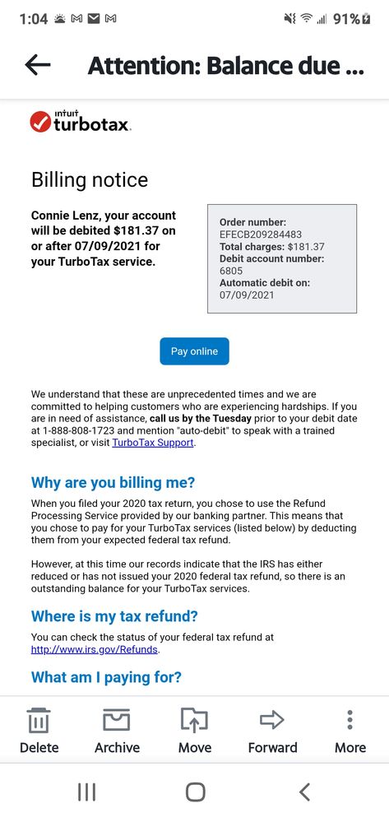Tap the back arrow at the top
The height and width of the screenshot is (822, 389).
(38, 66)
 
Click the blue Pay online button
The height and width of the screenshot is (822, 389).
(194, 351)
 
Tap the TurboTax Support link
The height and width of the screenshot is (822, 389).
(153, 443)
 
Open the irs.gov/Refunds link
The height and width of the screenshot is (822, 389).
(95, 649)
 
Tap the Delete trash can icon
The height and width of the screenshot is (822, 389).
(39, 721)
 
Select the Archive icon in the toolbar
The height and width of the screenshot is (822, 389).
(117, 721)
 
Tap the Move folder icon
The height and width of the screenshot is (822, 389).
(195, 721)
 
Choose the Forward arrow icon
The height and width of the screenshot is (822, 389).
(272, 721)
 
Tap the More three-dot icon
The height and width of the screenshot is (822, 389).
(350, 721)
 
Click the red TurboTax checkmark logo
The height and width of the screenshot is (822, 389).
(40, 123)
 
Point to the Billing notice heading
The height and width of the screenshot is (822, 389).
(90, 180)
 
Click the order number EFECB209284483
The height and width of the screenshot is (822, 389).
(261, 235)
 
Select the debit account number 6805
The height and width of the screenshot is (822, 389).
(232, 271)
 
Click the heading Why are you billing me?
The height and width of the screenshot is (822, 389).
(113, 483)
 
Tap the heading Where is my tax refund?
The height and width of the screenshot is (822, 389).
(114, 616)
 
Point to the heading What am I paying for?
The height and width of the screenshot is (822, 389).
(106, 677)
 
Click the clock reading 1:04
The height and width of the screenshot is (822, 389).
(33, 18)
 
